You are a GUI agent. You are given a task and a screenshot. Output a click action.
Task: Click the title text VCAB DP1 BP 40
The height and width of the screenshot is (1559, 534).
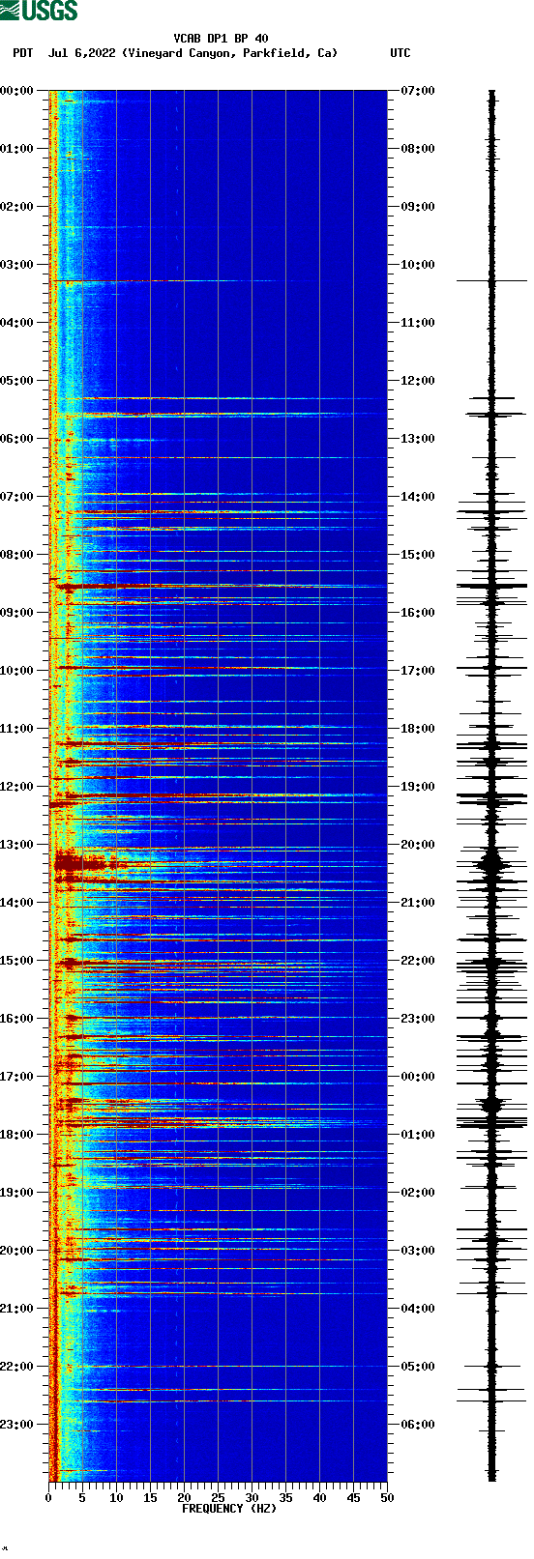(221, 39)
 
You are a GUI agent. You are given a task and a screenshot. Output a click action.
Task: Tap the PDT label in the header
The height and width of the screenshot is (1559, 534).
(23, 53)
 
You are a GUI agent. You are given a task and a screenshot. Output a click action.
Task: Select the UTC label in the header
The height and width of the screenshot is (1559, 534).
(400, 53)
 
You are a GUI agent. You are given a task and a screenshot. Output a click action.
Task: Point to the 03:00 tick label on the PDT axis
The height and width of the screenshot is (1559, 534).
(16, 265)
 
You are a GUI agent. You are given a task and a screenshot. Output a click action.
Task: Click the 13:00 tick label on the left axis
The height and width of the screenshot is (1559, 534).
(16, 845)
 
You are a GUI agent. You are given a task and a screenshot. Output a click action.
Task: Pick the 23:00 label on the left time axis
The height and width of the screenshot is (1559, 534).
(16, 1425)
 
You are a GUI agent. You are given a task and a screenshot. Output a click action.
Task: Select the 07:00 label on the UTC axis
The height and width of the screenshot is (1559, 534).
(418, 91)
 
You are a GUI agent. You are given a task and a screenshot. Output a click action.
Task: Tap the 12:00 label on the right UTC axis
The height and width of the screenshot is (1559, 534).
(418, 381)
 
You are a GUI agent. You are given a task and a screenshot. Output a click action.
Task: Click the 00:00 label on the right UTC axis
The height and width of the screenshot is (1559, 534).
(418, 1077)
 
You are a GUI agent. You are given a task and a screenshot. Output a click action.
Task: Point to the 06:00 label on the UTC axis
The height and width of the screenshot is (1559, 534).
(418, 1425)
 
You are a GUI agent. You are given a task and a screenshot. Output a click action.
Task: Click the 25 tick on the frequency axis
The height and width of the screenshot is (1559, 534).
(218, 1498)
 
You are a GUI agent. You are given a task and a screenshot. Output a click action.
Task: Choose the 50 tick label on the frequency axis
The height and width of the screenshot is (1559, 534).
(387, 1498)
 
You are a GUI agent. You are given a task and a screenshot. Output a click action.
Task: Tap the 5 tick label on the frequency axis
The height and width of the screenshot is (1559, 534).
(82, 1498)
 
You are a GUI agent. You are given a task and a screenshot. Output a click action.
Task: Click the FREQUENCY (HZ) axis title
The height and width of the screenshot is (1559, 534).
(229, 1509)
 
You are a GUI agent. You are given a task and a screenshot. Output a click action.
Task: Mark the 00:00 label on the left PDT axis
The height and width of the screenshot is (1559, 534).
(16, 91)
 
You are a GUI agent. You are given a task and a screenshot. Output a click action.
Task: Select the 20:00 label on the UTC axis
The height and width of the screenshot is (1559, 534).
(418, 845)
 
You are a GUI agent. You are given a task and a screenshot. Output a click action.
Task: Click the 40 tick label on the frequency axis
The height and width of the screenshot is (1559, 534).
(319, 1498)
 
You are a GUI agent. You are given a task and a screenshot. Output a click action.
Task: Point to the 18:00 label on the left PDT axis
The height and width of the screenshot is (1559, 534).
(16, 1135)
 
